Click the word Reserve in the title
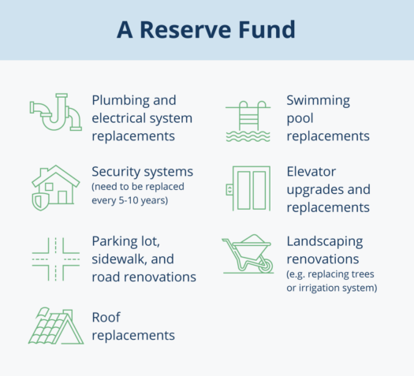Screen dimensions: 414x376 click(x=185, y=29)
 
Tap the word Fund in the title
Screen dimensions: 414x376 click(x=267, y=29)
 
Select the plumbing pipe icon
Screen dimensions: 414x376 click(x=55, y=112)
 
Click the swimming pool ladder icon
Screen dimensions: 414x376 click(x=248, y=121)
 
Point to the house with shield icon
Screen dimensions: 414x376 click(x=55, y=188)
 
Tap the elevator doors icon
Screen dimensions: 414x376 click(x=248, y=188)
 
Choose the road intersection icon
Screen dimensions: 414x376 click(x=56, y=259)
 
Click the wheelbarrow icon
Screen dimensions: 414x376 click(x=248, y=254)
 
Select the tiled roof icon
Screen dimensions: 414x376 click(x=56, y=326)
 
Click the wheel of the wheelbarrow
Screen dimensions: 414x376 click(x=265, y=266)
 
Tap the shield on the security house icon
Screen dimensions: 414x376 click(x=40, y=202)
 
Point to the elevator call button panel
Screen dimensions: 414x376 click(x=229, y=190)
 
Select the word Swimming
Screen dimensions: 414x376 click(x=319, y=101)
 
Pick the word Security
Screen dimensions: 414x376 click(x=114, y=173)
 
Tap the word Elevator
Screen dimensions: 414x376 click(x=311, y=172)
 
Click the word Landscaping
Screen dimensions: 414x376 click(x=325, y=242)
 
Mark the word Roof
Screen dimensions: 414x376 click(x=106, y=318)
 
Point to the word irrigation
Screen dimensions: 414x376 click(x=319, y=288)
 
